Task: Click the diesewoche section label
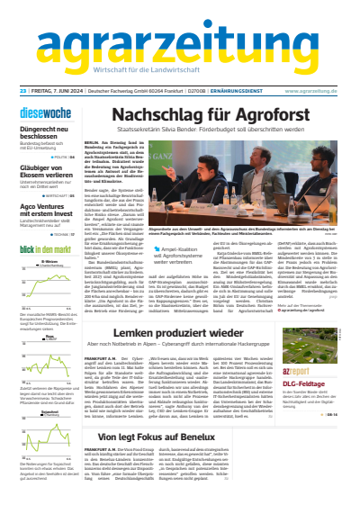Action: (x=46, y=114)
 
